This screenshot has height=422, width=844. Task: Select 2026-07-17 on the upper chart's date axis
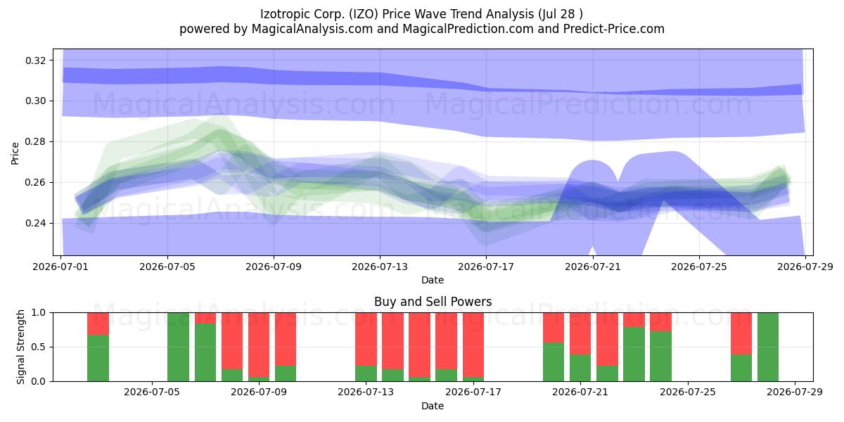[486, 267]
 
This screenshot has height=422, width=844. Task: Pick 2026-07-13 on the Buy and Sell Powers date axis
[366, 392]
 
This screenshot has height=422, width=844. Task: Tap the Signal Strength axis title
[20, 347]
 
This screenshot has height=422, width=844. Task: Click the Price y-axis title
[15, 153]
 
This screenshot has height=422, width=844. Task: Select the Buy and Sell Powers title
[433, 302]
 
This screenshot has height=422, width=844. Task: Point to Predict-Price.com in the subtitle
[614, 29]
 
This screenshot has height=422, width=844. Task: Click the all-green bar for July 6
[178, 347]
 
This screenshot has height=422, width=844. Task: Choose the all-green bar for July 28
[768, 347]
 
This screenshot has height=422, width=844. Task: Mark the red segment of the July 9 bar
[259, 345]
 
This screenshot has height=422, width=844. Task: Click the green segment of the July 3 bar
[98, 358]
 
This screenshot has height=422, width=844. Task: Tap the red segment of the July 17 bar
[473, 345]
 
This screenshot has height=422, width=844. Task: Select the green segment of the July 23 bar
[634, 354]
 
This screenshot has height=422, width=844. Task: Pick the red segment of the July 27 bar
[741, 333]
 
